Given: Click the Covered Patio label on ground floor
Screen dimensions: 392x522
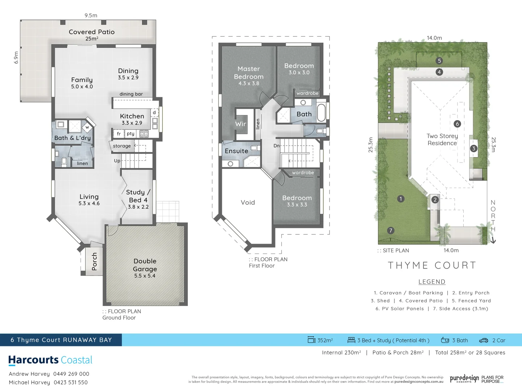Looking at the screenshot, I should (92, 32).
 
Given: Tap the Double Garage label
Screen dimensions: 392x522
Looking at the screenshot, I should (145, 265).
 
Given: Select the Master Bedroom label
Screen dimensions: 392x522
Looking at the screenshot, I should (249, 73).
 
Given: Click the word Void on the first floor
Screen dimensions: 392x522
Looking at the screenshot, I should (248, 203).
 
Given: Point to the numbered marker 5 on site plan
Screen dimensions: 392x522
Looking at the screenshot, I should (439, 61).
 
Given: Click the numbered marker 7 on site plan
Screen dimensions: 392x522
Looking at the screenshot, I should (390, 230).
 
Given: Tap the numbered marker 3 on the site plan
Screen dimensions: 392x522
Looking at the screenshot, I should (473, 148).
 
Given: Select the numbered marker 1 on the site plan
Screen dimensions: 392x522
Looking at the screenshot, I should (401, 199).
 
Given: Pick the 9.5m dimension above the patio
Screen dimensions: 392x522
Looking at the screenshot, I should (91, 16).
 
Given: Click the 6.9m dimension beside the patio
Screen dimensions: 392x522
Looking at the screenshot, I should (16, 57).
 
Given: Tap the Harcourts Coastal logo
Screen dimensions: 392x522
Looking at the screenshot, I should (50, 360).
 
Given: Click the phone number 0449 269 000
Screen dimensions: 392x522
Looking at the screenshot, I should (71, 374).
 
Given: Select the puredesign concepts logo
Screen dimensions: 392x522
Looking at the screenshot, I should (464, 379).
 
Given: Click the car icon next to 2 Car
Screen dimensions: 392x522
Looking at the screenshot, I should (484, 340).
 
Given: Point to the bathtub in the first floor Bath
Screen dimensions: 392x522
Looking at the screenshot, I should (321, 113).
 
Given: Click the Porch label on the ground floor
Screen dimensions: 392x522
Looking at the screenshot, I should (95, 261).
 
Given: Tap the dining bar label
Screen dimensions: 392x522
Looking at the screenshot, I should (131, 94).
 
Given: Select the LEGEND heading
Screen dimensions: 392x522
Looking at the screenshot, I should (432, 282).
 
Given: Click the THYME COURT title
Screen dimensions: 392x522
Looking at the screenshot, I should (432, 265).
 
